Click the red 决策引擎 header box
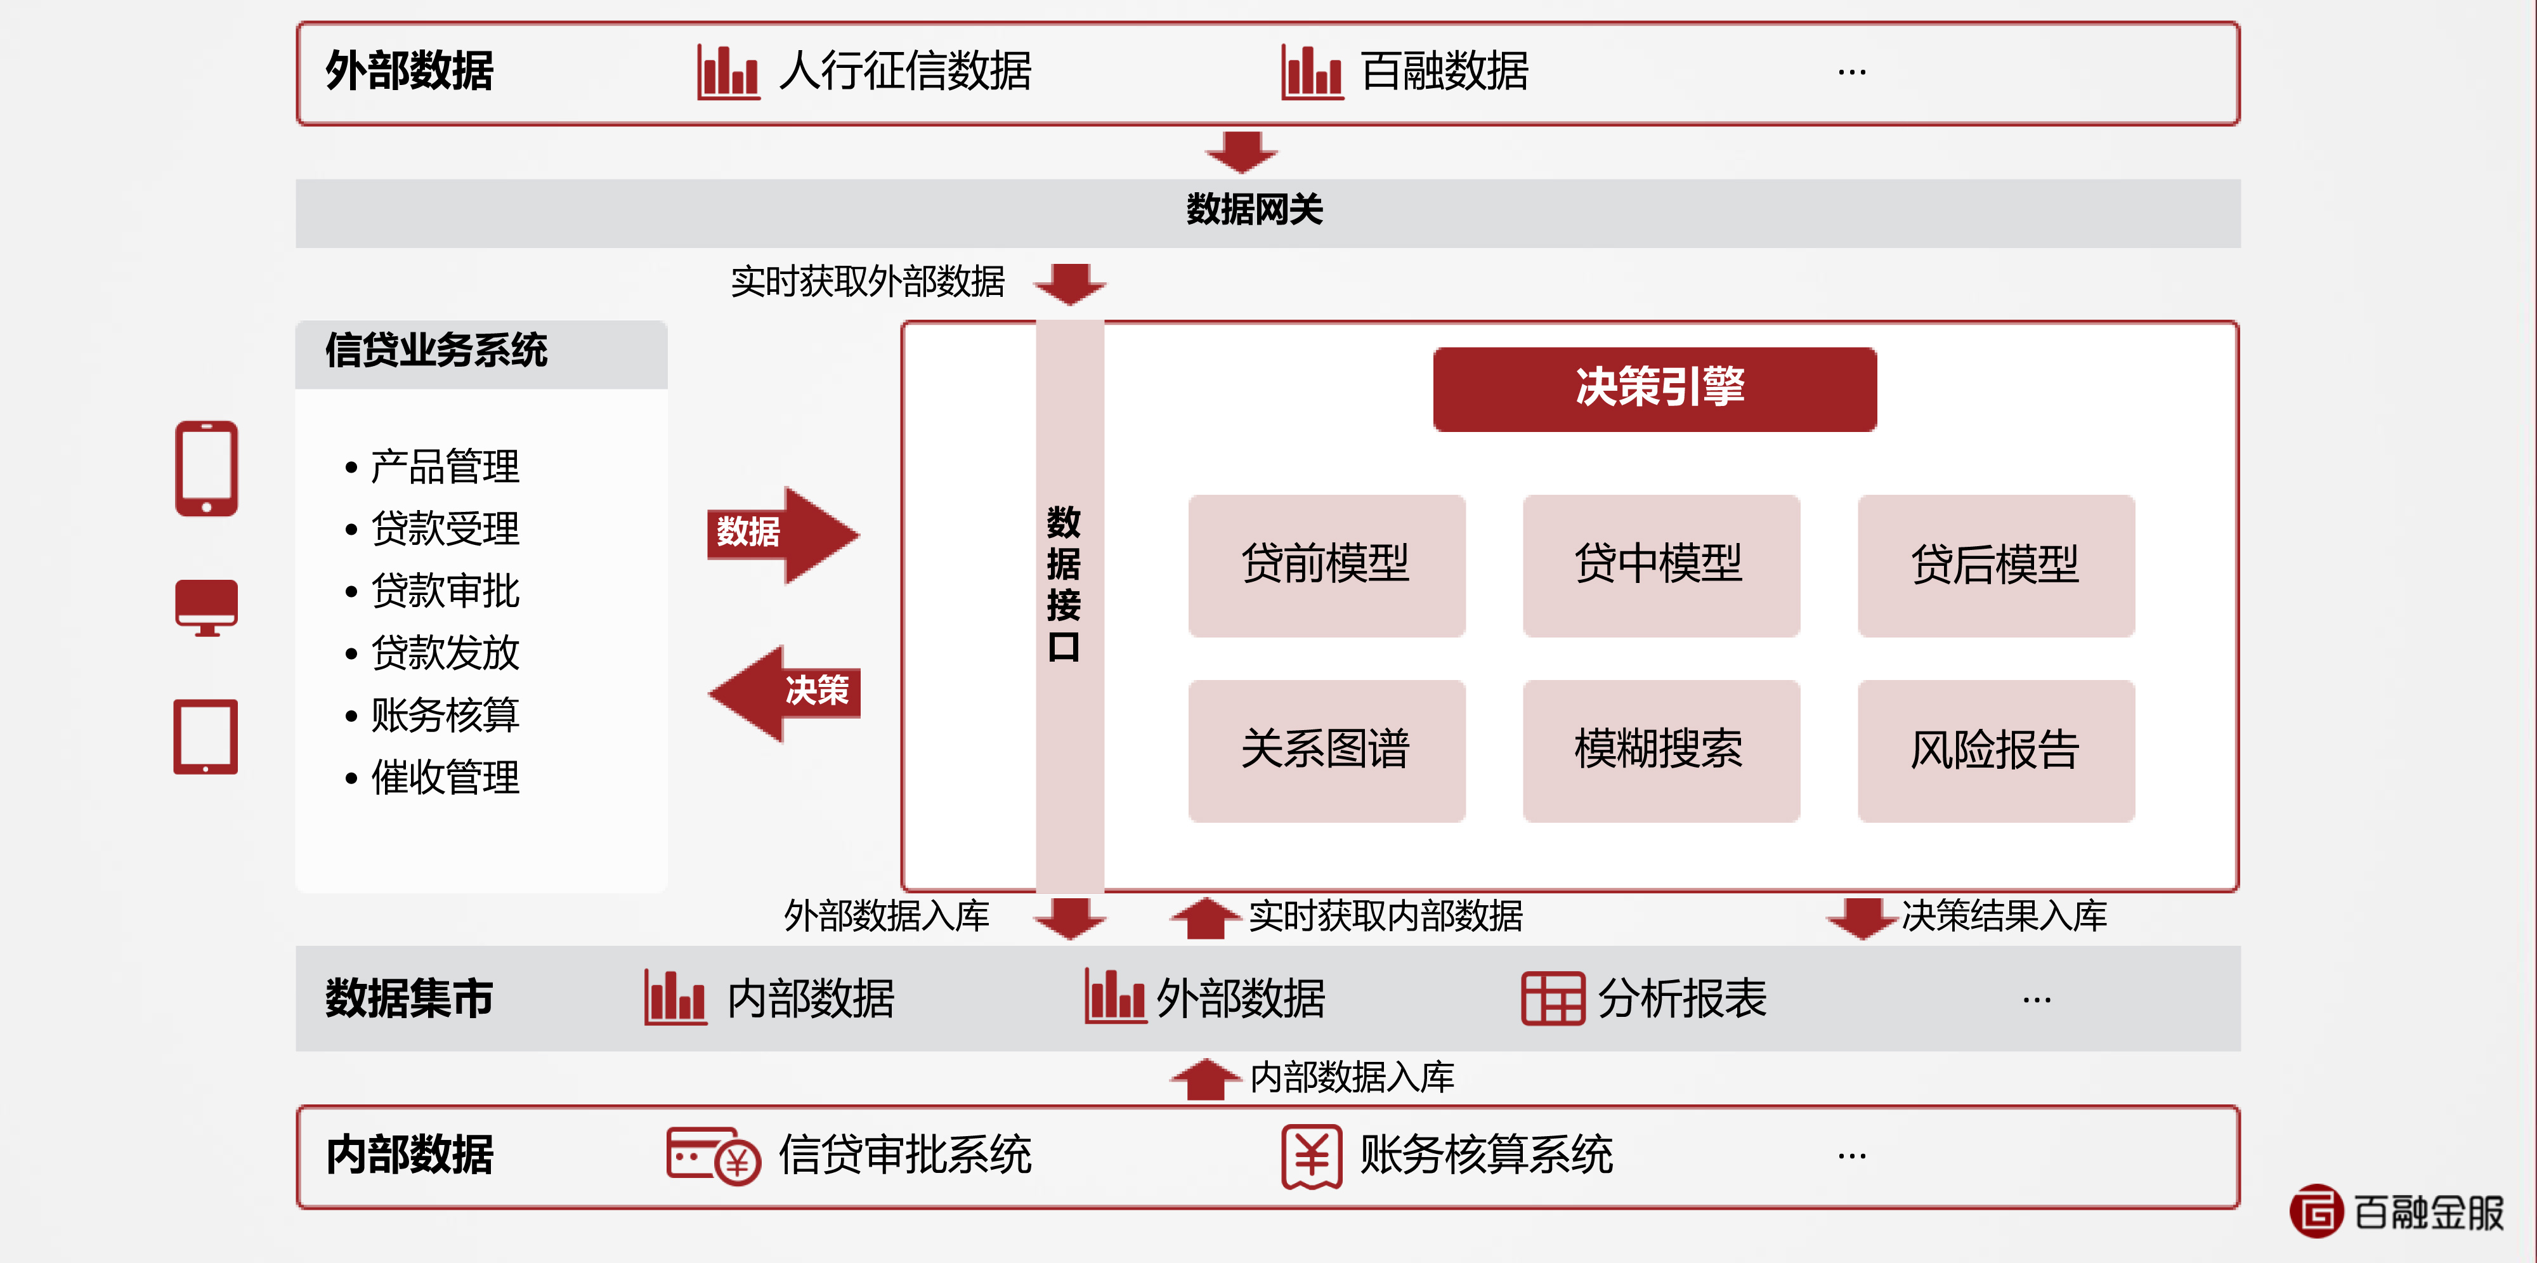tap(1655, 388)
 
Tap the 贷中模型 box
tap(1660, 565)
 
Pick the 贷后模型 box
tap(1995, 565)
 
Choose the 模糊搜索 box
tap(1660, 750)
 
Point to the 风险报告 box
tap(1995, 750)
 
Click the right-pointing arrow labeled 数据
tap(783, 534)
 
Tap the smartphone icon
tap(206, 468)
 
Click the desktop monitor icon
tap(206, 606)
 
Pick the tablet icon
tap(206, 737)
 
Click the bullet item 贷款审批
tap(445, 591)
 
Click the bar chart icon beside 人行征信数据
tap(728, 72)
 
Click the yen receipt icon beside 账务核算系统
tap(1311, 1156)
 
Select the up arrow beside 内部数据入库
tap(1204, 1080)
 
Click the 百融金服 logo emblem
tap(2316, 1211)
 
